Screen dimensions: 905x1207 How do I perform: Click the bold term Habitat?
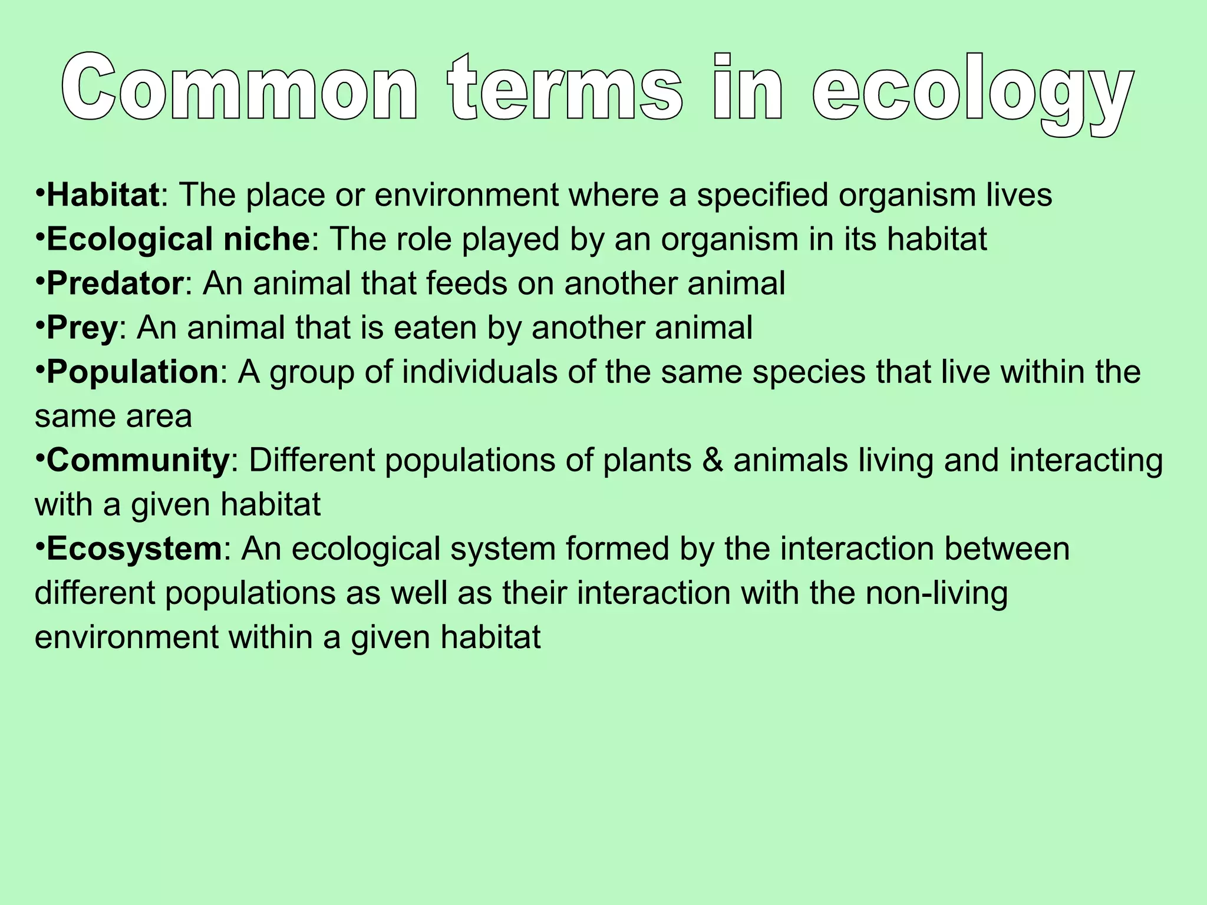(103, 195)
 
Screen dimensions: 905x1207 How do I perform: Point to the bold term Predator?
(115, 283)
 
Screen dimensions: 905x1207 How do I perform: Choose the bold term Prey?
(82, 328)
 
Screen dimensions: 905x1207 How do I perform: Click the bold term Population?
(133, 372)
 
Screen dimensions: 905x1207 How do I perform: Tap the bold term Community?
(137, 461)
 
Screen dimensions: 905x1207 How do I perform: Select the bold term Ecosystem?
(134, 549)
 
